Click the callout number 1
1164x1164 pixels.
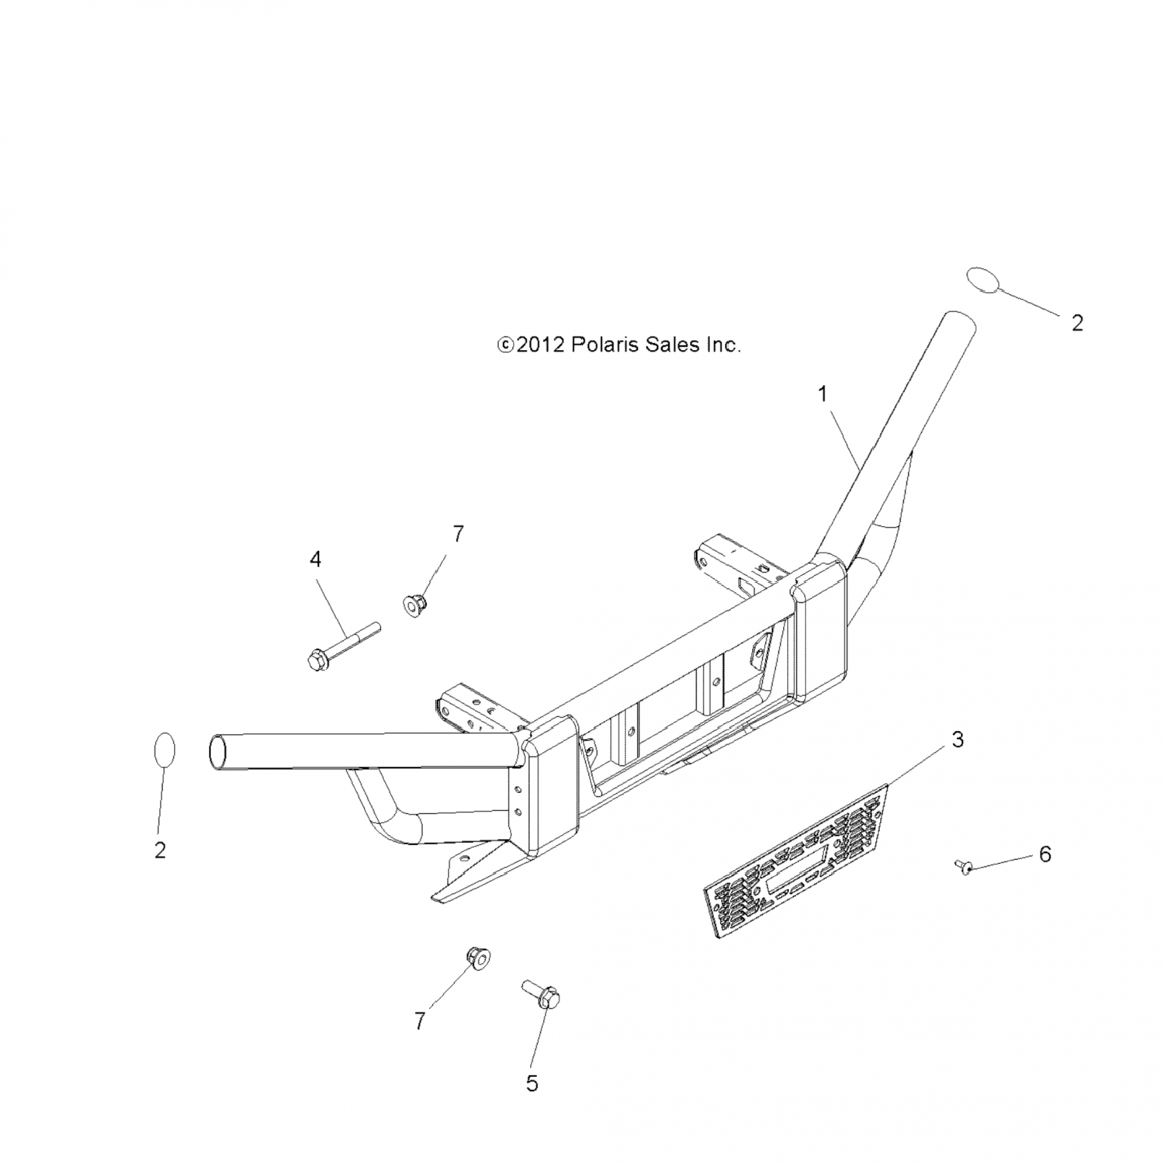pos(823,394)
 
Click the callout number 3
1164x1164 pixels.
pos(958,740)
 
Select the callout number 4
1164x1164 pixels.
pos(315,559)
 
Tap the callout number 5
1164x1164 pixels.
pos(532,1083)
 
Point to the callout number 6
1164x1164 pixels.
pos(1045,854)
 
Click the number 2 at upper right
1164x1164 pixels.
pos(1077,323)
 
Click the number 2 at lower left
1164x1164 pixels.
pos(160,850)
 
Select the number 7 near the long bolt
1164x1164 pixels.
pos(458,534)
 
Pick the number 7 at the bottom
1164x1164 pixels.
pos(420,1021)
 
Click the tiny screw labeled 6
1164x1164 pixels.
pos(964,866)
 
